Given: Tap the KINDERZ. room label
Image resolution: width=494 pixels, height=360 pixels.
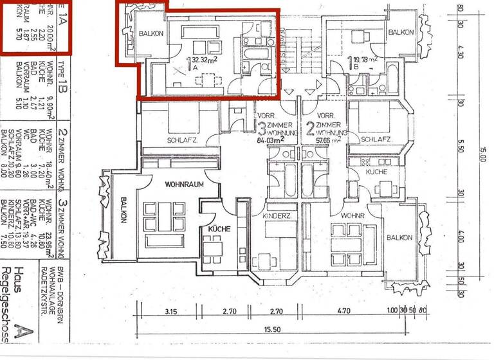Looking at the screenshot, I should pos(279,217).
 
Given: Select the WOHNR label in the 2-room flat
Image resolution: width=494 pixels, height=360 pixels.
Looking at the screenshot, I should pos(353,214).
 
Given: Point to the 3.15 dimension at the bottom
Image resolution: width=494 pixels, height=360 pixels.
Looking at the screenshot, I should pos(170,311).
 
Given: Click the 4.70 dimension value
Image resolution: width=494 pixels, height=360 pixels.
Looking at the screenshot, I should pos(344,311).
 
